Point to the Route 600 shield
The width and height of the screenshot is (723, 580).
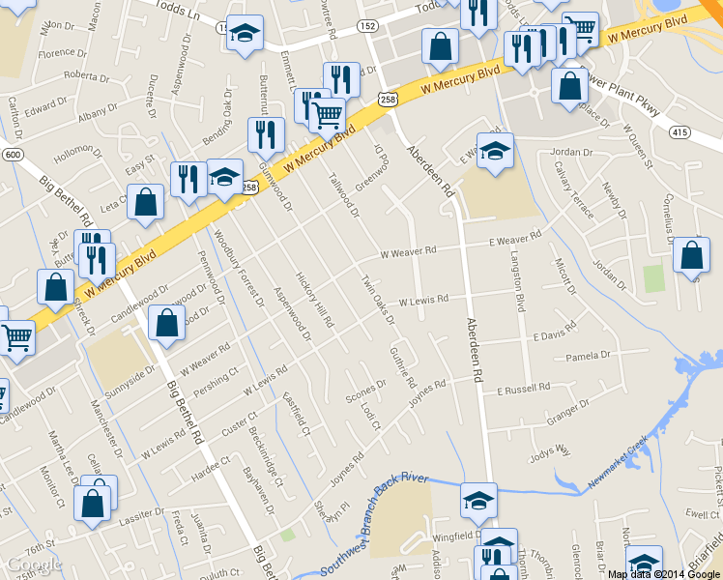tap(12, 155)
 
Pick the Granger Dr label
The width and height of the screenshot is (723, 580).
tap(568, 413)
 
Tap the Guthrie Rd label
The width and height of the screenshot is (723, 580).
tap(403, 367)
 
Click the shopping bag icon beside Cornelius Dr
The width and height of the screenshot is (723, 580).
tap(691, 257)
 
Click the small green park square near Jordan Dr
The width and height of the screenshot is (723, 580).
tap(654, 277)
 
